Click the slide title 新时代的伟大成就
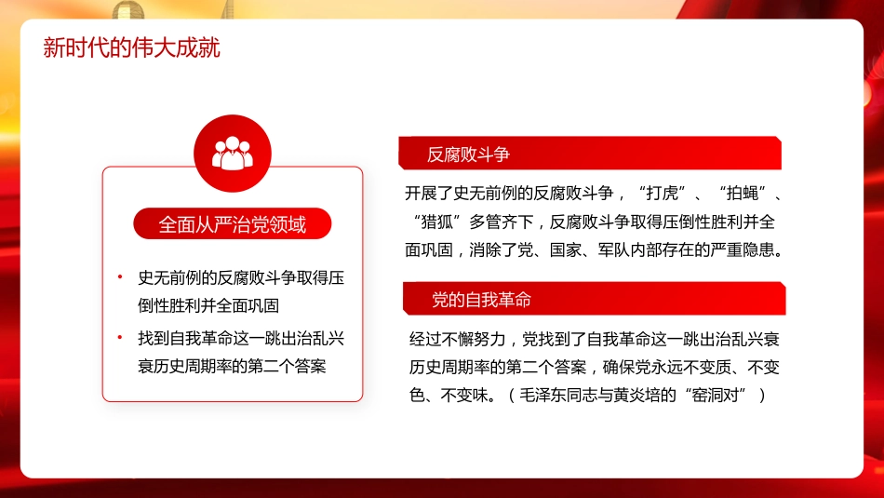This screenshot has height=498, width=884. [131, 47]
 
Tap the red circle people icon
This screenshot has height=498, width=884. [232, 153]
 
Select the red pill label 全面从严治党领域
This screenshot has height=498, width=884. [232, 224]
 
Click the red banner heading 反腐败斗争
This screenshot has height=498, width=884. [468, 155]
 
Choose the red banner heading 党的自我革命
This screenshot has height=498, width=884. [481, 300]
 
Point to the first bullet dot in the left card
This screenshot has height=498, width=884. [120, 277]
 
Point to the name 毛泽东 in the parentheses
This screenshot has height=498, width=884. [544, 395]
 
